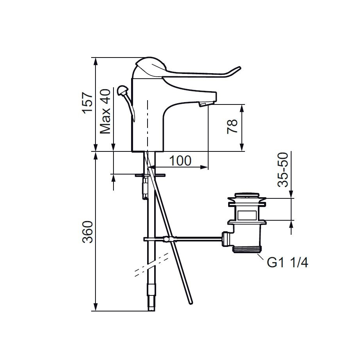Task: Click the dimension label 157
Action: pos(88,103)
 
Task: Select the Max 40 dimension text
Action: pos(106,112)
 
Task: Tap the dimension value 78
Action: pos(232,126)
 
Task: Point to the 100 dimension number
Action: pos(180,160)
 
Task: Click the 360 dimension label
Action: pos(88,232)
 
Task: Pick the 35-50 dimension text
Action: pos(283,170)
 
